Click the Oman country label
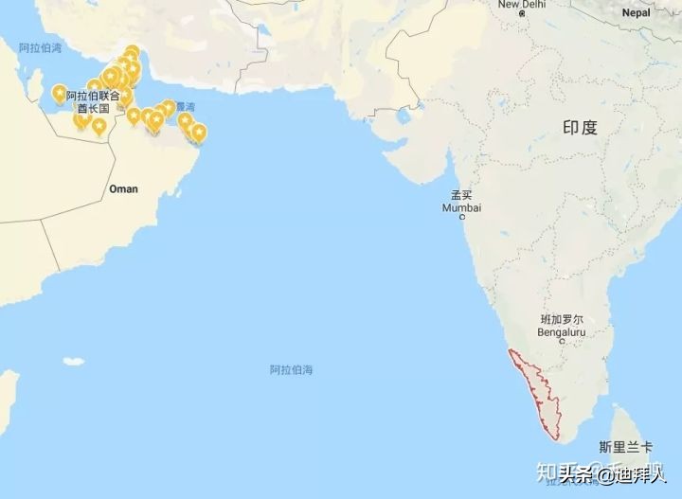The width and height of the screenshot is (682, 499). coord(123,188)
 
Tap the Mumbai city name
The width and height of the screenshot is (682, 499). coord(461,207)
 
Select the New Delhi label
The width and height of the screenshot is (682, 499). coord(522,5)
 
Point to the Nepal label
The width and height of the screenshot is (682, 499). coord(636,12)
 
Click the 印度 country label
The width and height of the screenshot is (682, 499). coord(580,128)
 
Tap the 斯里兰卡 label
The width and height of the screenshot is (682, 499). coord(625,446)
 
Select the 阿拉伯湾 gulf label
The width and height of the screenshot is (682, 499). coord(41,47)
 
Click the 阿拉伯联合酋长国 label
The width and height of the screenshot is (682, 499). coord(93,102)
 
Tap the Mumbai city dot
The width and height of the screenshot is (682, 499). coord(462,218)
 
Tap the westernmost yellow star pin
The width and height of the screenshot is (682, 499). coord(60,93)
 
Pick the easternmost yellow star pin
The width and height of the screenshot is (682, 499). coord(199,132)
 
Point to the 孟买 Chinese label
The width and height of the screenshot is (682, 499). coord(461,196)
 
